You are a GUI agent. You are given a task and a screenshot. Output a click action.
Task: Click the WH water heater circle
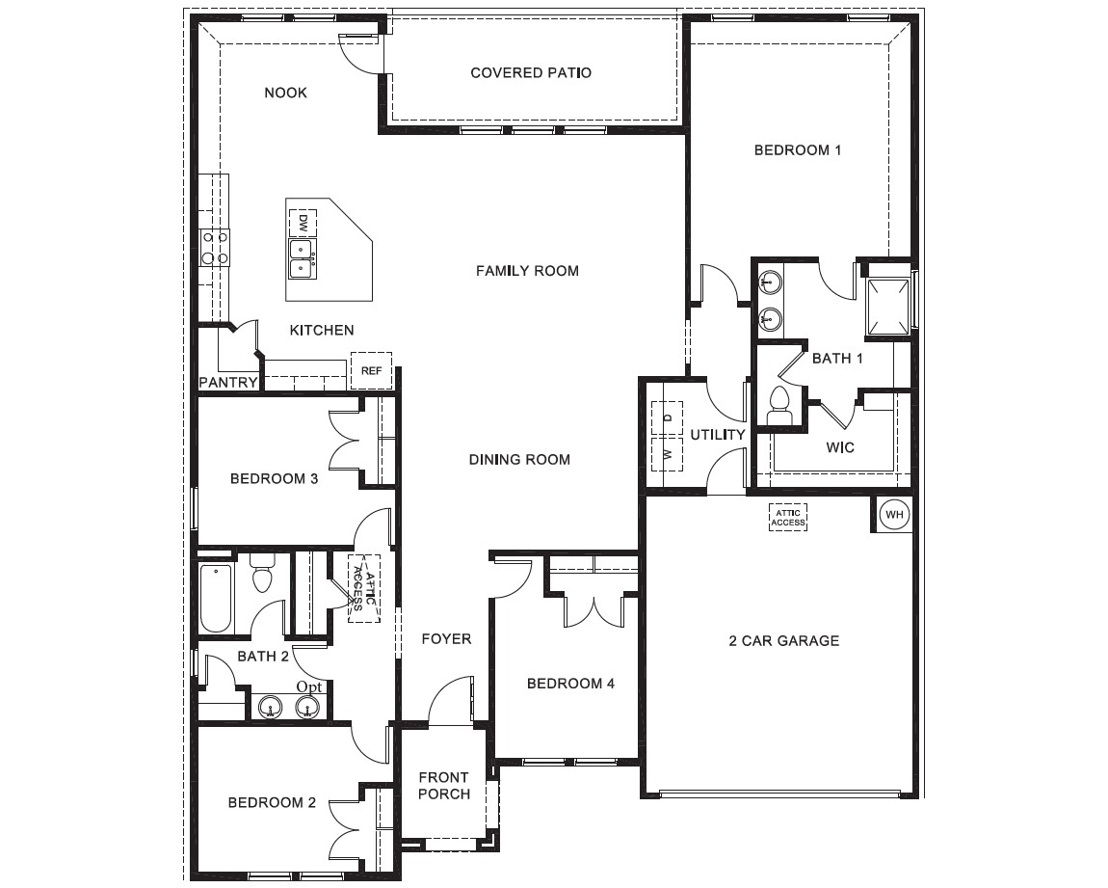pyautogui.click(x=894, y=515)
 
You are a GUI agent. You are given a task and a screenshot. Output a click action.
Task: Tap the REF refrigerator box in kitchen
pyautogui.click(x=371, y=370)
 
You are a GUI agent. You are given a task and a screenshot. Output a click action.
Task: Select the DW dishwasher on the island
pyautogui.click(x=303, y=223)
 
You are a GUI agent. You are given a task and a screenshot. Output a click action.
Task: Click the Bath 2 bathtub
pyautogui.click(x=216, y=598)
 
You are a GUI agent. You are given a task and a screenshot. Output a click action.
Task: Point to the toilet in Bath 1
pyautogui.click(x=778, y=406)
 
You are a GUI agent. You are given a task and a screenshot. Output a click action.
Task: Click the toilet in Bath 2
pyautogui.click(x=262, y=574)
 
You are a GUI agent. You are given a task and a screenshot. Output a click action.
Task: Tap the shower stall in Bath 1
pyautogui.click(x=888, y=307)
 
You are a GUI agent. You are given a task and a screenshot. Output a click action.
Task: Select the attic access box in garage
pyautogui.click(x=787, y=517)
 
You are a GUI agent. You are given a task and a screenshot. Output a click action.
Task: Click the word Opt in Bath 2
pyautogui.click(x=309, y=686)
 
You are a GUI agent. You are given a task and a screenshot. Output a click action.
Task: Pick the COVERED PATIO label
pyautogui.click(x=531, y=73)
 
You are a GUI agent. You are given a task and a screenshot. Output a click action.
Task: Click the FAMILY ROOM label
pyautogui.click(x=527, y=271)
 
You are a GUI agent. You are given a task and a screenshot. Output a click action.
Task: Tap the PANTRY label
pyautogui.click(x=228, y=383)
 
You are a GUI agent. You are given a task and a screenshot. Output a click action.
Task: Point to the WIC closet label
pyautogui.click(x=840, y=447)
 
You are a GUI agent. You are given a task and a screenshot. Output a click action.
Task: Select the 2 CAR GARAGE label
pyautogui.click(x=783, y=640)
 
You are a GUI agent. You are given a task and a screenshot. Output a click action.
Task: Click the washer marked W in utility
pyautogui.click(x=667, y=452)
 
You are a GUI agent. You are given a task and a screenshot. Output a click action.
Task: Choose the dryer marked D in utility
pyautogui.click(x=667, y=418)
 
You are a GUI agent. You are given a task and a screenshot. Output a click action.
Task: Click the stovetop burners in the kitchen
pyautogui.click(x=214, y=247)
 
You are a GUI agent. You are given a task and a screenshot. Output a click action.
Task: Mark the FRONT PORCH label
pyautogui.click(x=444, y=786)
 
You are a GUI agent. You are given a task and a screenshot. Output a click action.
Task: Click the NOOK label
pyautogui.click(x=285, y=93)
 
